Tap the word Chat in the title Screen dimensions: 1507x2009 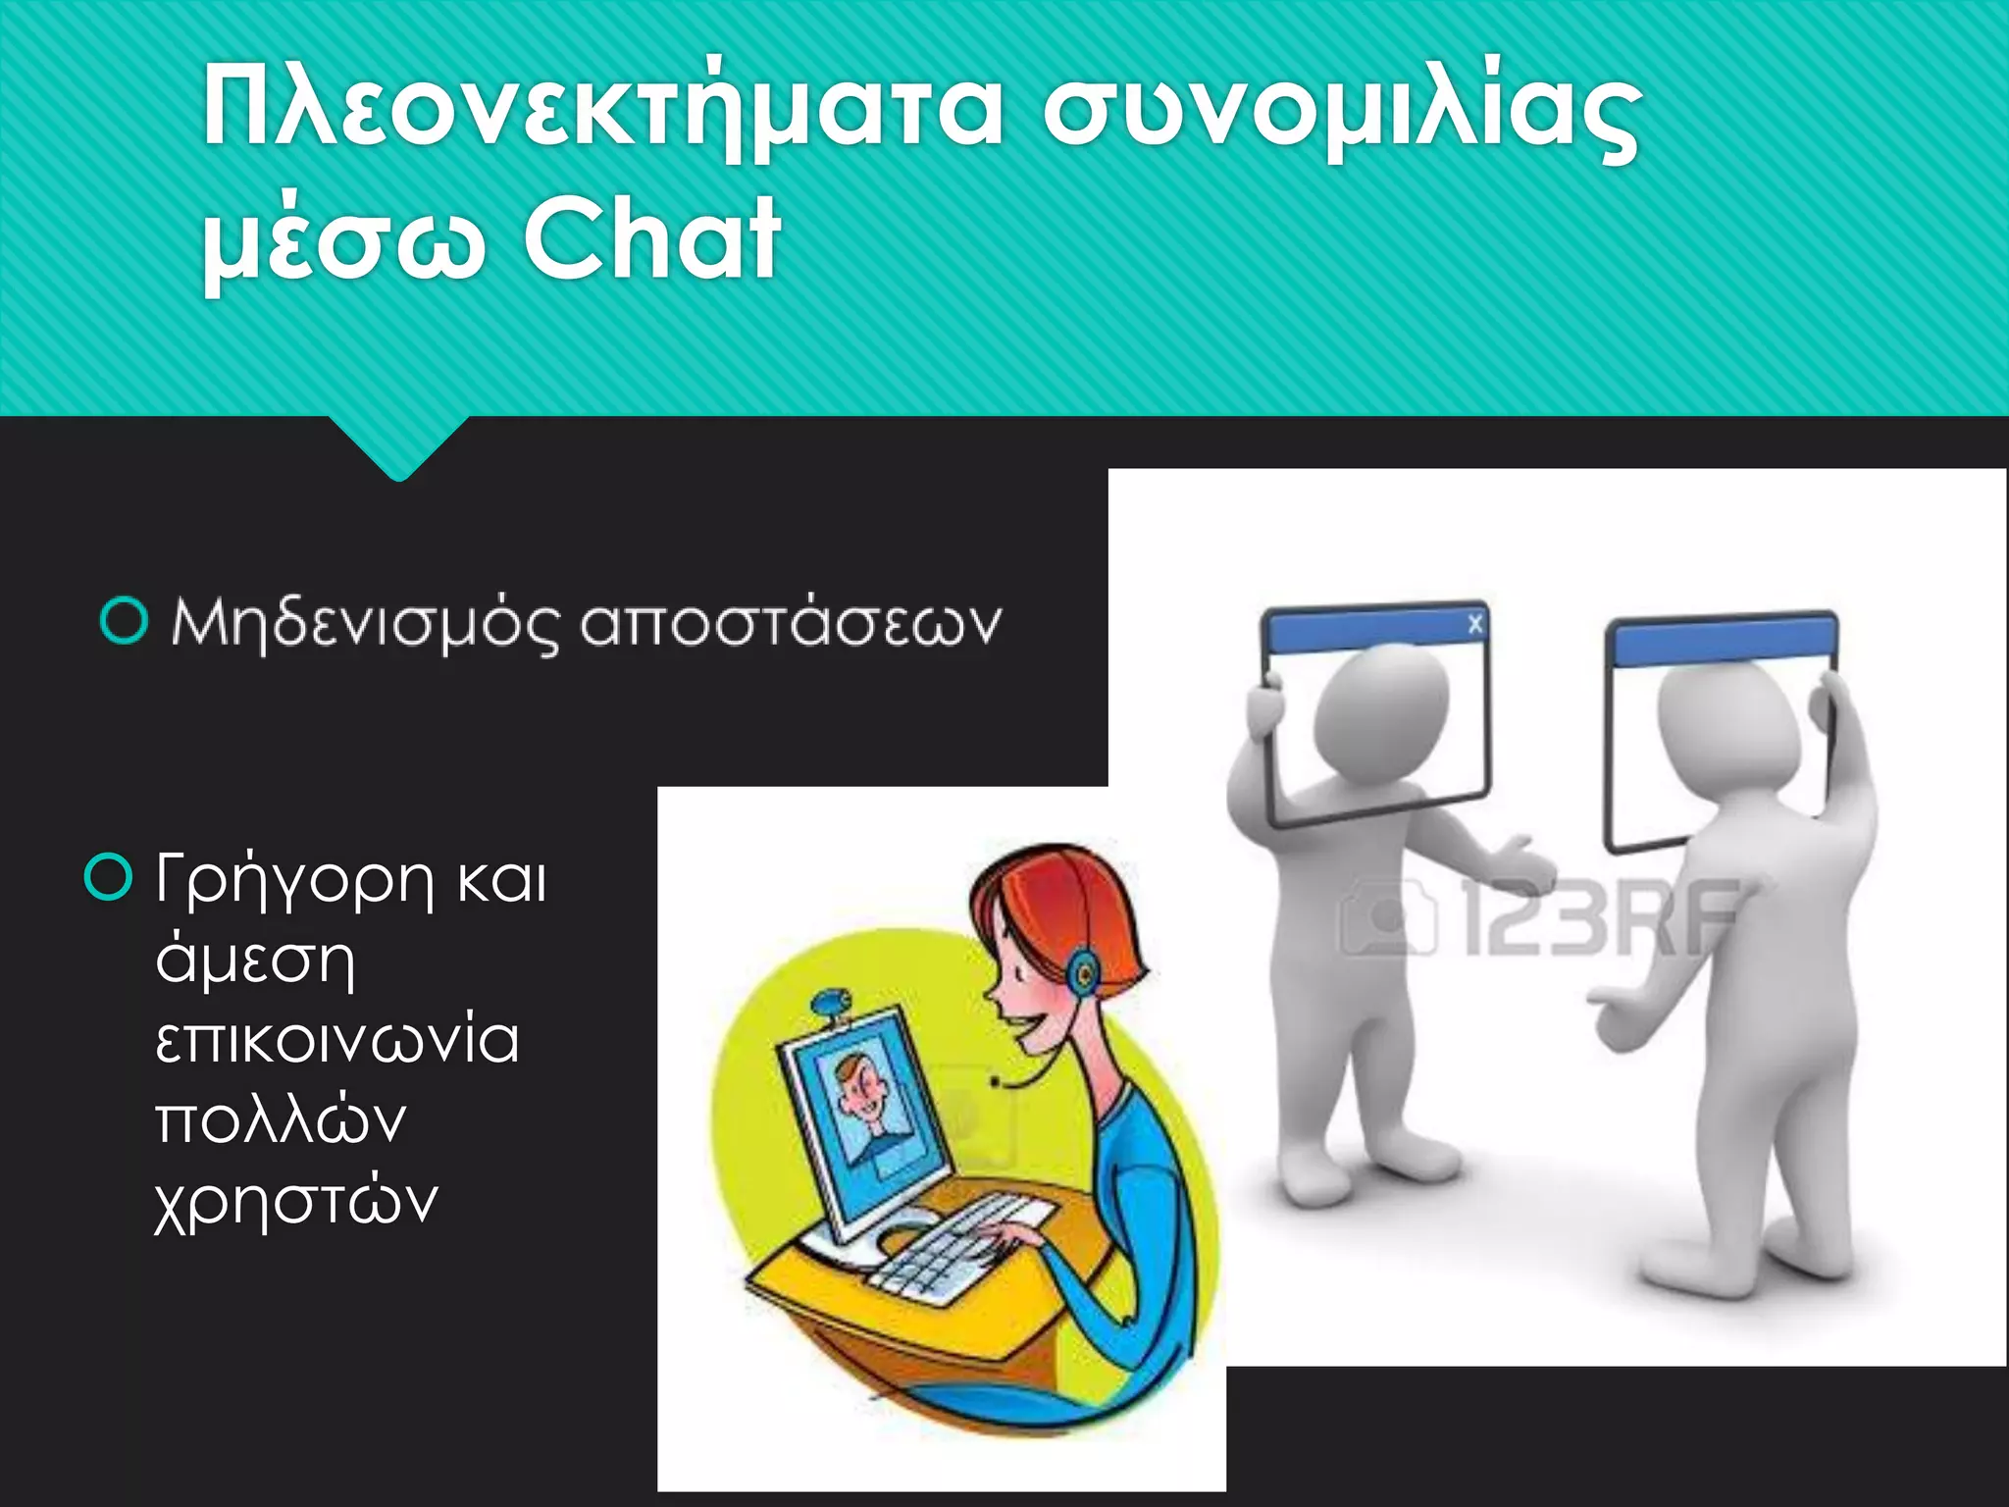click(x=651, y=238)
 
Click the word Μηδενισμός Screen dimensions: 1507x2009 click(x=366, y=624)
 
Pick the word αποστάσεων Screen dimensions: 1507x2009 click(x=791, y=624)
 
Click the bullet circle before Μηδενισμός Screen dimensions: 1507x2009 click(x=125, y=621)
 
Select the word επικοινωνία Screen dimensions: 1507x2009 click(x=336, y=1041)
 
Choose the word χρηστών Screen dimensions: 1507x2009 click(x=295, y=1202)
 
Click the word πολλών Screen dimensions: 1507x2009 click(x=281, y=1120)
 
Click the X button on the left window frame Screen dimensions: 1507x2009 click(x=1474, y=624)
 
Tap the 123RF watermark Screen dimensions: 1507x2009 click(x=1540, y=917)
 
